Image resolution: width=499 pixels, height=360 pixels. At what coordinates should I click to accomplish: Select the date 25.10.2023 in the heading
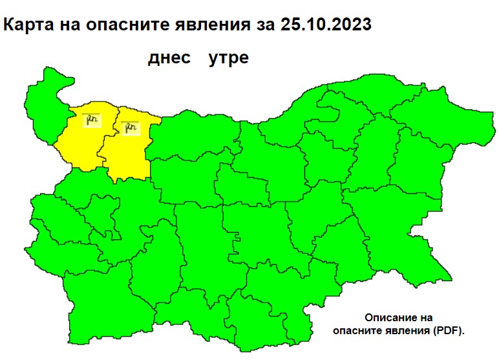326,25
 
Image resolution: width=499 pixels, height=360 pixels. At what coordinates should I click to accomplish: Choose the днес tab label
169,58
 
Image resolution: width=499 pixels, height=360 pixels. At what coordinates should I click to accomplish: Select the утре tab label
228,58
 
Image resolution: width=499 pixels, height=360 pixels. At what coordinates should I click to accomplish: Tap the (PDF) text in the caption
450,330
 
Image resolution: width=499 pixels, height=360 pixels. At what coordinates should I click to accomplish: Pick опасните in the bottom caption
359,330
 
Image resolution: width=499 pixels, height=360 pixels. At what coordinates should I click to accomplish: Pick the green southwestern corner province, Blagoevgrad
94,304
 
